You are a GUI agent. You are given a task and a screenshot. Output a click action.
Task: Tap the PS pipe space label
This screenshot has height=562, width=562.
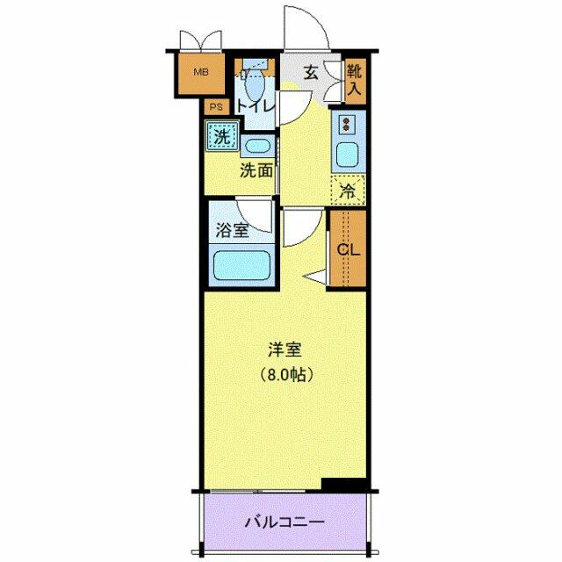(215, 107)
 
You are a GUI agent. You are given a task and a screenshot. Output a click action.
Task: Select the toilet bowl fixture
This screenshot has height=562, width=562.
(254, 86)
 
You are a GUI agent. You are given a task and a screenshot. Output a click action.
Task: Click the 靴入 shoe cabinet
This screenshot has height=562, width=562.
(354, 79)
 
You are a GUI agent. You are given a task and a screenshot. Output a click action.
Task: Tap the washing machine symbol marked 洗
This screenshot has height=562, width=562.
(222, 137)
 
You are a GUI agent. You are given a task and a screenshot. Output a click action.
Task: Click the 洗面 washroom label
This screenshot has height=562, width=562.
(256, 171)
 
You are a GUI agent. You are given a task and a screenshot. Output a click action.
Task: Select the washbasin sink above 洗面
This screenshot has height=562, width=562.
(256, 147)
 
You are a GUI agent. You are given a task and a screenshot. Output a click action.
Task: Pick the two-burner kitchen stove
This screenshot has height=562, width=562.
(346, 123)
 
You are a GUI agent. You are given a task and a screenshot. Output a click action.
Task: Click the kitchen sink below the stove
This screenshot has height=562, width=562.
(346, 155)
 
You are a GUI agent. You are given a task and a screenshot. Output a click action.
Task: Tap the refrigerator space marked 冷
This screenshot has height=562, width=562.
(347, 188)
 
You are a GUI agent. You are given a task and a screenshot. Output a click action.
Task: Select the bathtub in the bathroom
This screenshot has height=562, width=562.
(241, 264)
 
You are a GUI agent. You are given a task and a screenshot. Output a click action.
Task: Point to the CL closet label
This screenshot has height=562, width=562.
(349, 249)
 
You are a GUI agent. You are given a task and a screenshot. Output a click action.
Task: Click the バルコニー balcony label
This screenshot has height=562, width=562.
(284, 521)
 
